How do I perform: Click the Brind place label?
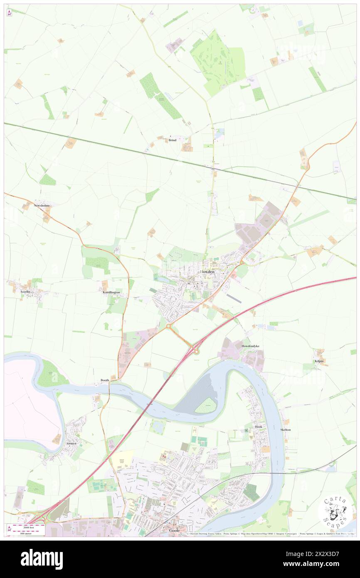pyautogui.click(x=172, y=140)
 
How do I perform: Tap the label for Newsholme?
pyautogui.click(x=42, y=205)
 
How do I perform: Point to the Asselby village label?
pyautogui.click(x=25, y=292)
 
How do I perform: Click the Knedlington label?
pyautogui.click(x=111, y=292)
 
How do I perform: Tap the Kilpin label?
pyautogui.click(x=319, y=361)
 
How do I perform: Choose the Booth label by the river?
pyautogui.click(x=105, y=380)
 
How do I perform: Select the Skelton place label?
pyautogui.click(x=286, y=430)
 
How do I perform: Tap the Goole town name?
pyautogui.click(x=175, y=531)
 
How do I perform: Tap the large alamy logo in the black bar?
pyautogui.click(x=42, y=559)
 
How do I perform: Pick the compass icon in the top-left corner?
pyautogui.click(x=9, y=13)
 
